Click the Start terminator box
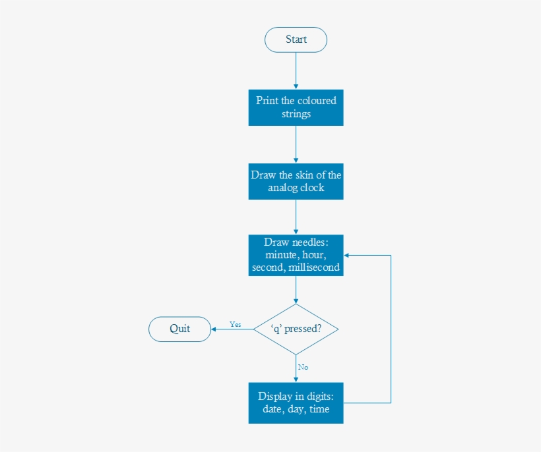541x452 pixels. [x=296, y=40]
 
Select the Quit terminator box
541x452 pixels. [x=179, y=329]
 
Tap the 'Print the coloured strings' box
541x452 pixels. [x=296, y=107]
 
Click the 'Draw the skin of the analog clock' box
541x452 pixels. [x=296, y=181]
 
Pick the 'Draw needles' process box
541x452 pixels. [x=296, y=255]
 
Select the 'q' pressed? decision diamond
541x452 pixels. [x=296, y=329]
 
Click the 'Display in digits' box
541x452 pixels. [x=296, y=403]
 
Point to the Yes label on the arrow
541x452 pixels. [x=236, y=324]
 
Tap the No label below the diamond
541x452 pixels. [x=303, y=367]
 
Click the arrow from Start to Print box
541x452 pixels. [x=296, y=70]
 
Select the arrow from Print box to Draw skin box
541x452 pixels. [x=296, y=144]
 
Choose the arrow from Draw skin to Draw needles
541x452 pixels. [x=296, y=217]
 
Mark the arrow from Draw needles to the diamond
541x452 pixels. [x=296, y=290]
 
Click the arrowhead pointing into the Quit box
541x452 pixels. [x=214, y=329]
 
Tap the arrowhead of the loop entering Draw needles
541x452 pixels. [x=347, y=255]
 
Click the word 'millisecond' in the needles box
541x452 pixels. [x=314, y=268]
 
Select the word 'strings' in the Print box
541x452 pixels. [x=296, y=113]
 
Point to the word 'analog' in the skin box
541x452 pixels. [x=283, y=188]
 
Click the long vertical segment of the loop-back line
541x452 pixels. [x=391, y=329]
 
